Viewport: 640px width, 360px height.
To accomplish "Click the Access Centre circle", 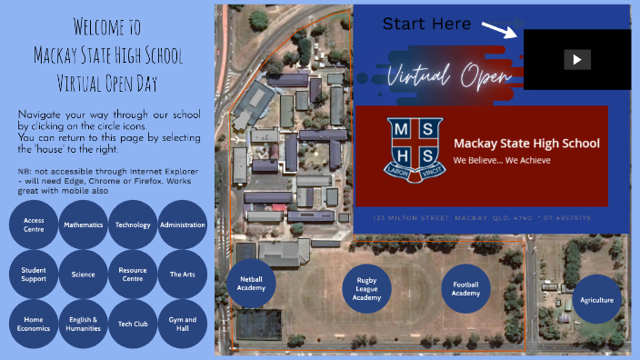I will coord(34,225).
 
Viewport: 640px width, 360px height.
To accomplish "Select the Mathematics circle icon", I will coord(83,225).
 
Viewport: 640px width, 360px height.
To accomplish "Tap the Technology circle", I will coord(133,225).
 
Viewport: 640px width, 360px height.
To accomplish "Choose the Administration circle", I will coord(183,225).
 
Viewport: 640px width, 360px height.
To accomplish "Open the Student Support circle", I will coord(34,274).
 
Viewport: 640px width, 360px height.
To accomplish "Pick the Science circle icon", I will coord(83,274).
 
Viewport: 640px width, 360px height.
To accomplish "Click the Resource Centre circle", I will coord(133,274).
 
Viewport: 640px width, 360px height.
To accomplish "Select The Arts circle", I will coord(183,274).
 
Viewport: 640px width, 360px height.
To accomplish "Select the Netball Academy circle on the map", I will coord(251,283).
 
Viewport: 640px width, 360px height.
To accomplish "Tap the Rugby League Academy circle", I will coord(366,290).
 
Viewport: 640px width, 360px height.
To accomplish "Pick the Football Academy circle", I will coord(465,288).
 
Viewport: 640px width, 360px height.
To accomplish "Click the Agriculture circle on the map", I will coord(596,300).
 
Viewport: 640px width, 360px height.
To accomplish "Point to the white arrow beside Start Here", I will coord(499,30).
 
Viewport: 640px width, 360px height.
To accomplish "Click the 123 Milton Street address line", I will coord(481,218).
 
